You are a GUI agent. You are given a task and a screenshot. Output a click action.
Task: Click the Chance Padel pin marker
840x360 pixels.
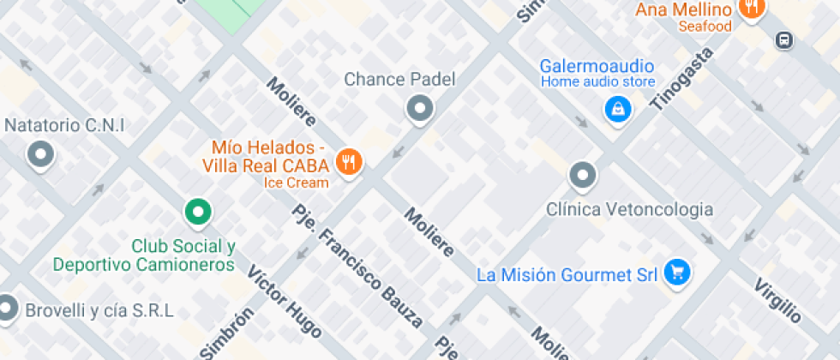click(419, 109)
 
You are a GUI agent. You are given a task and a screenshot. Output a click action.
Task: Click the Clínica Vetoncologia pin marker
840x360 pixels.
click(583, 175)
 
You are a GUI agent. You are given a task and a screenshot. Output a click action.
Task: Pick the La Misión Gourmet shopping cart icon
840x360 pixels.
click(678, 273)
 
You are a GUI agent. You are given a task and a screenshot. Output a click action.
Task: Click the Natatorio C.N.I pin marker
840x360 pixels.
click(40, 155)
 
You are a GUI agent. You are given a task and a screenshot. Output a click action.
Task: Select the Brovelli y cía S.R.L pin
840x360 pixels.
click(7, 308)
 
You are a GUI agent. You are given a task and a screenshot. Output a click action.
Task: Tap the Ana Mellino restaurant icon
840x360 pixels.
click(752, 8)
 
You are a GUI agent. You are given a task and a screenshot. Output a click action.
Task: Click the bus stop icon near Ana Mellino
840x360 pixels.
click(783, 39)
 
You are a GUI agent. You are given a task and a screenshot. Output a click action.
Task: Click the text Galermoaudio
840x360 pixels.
click(597, 66)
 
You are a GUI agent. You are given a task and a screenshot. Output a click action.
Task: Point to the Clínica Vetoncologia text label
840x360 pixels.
click(630, 209)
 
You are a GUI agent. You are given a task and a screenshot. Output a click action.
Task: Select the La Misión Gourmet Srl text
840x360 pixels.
click(567, 275)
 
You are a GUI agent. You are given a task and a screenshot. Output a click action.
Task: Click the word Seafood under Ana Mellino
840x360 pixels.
click(705, 27)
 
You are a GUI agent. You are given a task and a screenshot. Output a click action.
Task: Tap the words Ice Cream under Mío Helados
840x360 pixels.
click(296, 183)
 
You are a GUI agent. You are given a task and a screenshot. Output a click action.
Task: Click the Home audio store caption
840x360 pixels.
click(597, 82)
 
